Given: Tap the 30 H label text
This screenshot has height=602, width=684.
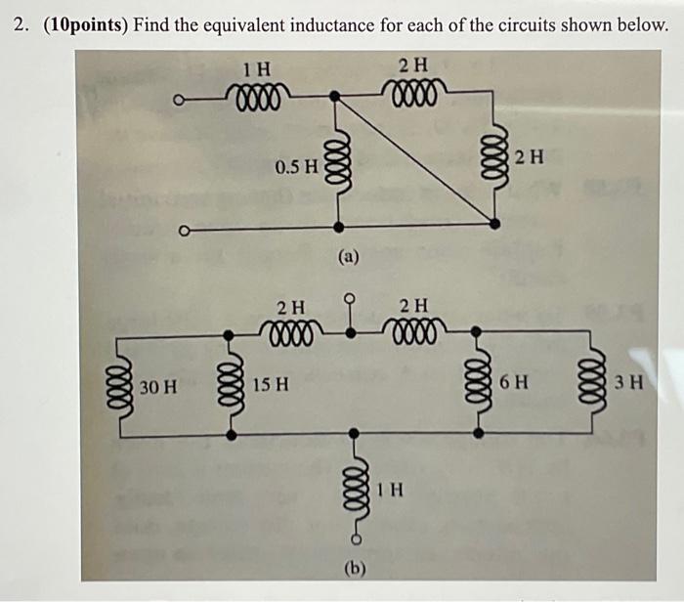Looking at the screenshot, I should [x=158, y=385].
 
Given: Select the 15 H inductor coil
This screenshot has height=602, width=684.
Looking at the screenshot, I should [x=232, y=384].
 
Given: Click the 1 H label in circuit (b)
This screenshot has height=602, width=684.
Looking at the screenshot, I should [x=389, y=490].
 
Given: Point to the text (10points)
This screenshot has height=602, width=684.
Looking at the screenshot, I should [x=83, y=23].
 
